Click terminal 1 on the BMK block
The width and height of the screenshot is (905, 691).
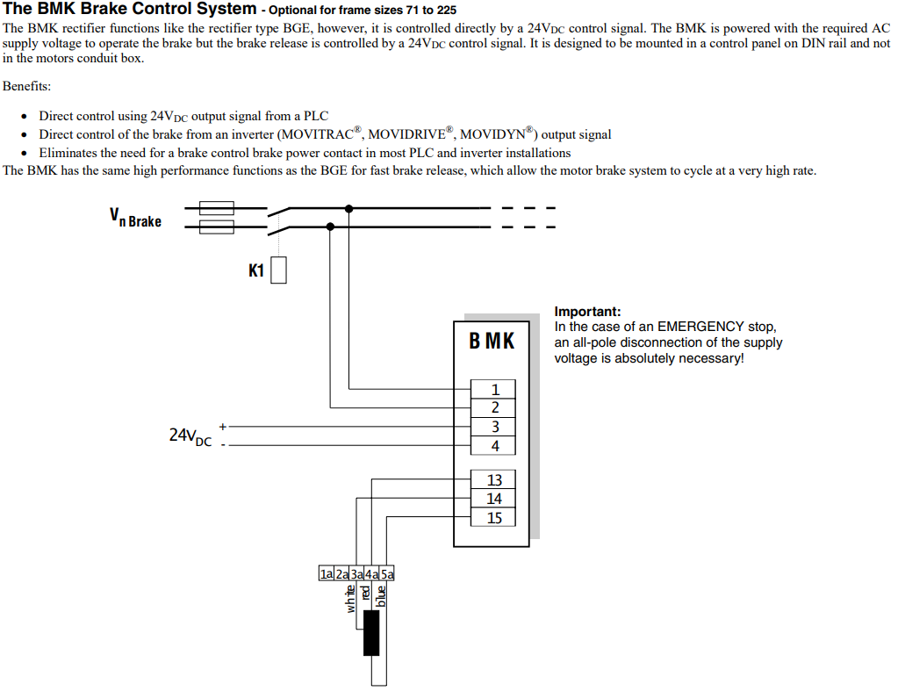click(x=493, y=389)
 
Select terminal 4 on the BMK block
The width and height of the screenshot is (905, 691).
click(x=493, y=446)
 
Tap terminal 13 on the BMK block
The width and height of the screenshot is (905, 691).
click(x=493, y=479)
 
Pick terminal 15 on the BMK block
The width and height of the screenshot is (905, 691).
click(x=493, y=517)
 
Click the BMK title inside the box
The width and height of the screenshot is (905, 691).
click(x=492, y=341)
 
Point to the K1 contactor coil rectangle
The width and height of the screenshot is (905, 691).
click(x=279, y=270)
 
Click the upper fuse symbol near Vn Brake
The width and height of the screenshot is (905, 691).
click(x=217, y=208)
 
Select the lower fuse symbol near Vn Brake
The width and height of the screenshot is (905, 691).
click(x=217, y=227)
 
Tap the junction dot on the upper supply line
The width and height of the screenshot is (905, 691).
click(x=348, y=208)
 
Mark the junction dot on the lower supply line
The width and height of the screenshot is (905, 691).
click(x=330, y=227)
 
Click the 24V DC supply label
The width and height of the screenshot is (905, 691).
click(x=190, y=435)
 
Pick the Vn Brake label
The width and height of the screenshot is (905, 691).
click(x=136, y=218)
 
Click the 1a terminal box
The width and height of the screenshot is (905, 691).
click(x=327, y=573)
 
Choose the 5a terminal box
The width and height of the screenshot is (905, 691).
click(x=387, y=573)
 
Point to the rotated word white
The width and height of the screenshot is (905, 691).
click(x=350, y=599)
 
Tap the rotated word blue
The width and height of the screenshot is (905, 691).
click(x=381, y=596)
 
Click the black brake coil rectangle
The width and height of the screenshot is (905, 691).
click(x=371, y=633)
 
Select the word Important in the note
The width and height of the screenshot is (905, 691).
click(x=587, y=312)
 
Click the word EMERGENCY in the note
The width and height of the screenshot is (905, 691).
click(x=700, y=327)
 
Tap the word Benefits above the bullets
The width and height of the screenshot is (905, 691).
click(x=26, y=86)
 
